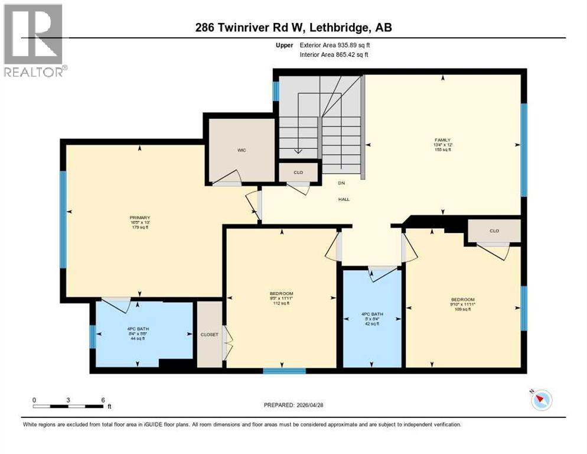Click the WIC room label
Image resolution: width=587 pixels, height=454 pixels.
[x=242, y=150]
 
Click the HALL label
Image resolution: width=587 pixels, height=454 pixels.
[x=344, y=199]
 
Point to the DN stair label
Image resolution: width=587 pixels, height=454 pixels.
[x=341, y=183]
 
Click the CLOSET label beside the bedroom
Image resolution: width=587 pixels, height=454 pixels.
[x=210, y=335]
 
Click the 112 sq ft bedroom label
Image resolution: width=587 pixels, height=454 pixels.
[x=282, y=299]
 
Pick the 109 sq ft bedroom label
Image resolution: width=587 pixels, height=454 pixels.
[x=463, y=304]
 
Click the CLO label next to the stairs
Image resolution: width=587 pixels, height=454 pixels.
[x=299, y=173]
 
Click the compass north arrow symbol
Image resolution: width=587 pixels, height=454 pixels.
[x=541, y=400]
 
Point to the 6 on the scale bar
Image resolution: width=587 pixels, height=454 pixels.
[x=103, y=400]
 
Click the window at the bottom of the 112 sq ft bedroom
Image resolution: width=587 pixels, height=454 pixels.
[x=284, y=371]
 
